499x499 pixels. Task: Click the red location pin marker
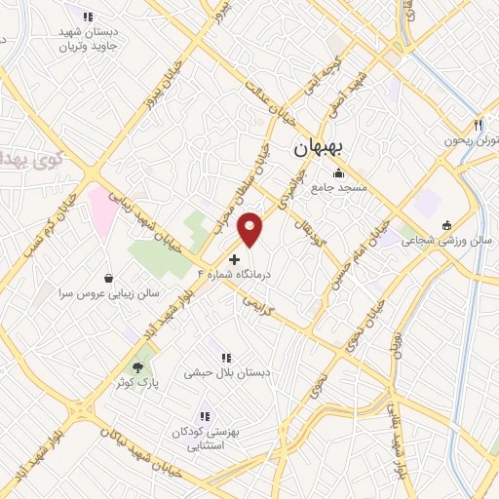[x=251, y=229]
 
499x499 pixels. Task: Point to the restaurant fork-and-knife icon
[x=478, y=125]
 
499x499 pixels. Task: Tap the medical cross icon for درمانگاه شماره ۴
[x=234, y=259]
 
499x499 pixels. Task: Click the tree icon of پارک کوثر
[x=137, y=367]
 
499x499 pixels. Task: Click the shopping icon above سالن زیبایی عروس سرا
[x=106, y=276]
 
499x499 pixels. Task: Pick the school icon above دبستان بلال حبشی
[x=226, y=358]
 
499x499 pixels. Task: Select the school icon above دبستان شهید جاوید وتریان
[x=88, y=17]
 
